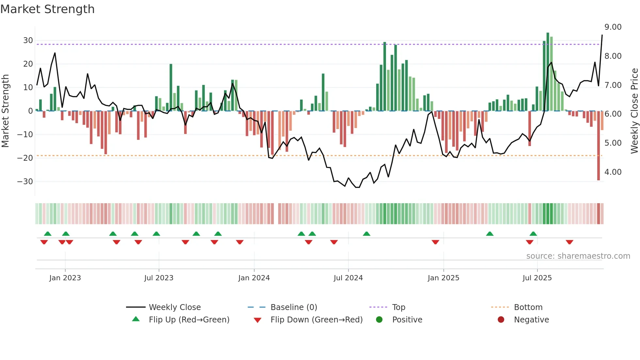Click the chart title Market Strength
click(x=47, y=9)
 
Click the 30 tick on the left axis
click(x=28, y=41)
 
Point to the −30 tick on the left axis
click(x=25, y=181)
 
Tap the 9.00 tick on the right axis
click(x=613, y=27)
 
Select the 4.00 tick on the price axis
click(x=613, y=172)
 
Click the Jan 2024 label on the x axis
click(x=254, y=278)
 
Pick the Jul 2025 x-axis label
click(x=537, y=278)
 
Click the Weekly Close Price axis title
click(x=634, y=111)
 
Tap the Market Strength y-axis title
click(x=6, y=111)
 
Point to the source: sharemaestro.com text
click(x=578, y=256)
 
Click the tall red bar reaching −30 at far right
click(x=599, y=147)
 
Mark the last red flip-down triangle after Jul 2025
click(x=569, y=242)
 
